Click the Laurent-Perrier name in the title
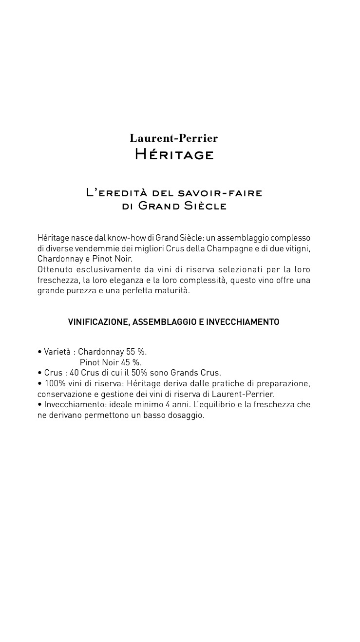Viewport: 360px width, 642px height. pos(174,138)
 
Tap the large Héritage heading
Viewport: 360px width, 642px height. pos(174,155)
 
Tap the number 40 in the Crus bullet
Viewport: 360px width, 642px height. pos(74,373)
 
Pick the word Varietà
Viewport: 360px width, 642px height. pos(57,352)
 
